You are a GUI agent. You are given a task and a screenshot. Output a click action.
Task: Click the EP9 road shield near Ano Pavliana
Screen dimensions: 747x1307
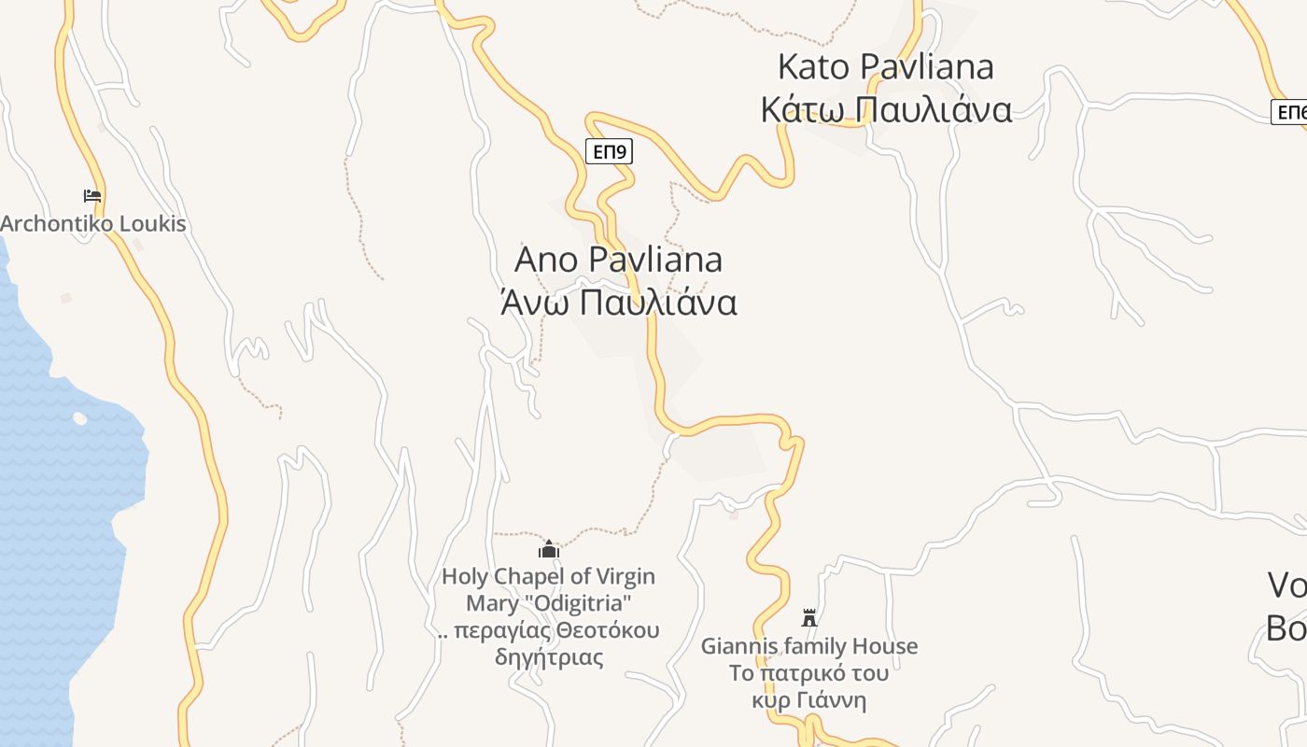pyautogui.click(x=609, y=151)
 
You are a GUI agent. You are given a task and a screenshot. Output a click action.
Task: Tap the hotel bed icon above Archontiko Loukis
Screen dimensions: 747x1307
pyautogui.click(x=91, y=196)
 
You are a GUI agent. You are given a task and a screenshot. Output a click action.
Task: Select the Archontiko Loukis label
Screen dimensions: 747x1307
pyautogui.click(x=93, y=224)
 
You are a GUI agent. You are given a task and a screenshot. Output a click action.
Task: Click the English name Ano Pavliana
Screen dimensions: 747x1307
pyautogui.click(x=618, y=260)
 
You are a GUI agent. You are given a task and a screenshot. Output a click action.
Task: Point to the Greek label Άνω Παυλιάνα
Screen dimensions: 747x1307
pyautogui.click(x=618, y=303)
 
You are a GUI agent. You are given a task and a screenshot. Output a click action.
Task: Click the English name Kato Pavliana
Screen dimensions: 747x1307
pyautogui.click(x=885, y=67)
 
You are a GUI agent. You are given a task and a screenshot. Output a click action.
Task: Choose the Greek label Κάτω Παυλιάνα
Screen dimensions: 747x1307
pyautogui.click(x=885, y=110)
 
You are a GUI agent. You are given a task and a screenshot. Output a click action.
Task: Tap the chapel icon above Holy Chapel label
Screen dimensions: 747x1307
pyautogui.click(x=548, y=549)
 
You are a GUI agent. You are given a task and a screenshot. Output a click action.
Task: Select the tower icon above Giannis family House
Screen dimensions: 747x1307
pyautogui.click(x=809, y=618)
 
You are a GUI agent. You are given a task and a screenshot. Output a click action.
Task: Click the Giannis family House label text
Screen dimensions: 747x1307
pyautogui.click(x=809, y=646)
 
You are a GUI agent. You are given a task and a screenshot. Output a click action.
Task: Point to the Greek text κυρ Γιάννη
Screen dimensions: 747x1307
pyautogui.click(x=809, y=700)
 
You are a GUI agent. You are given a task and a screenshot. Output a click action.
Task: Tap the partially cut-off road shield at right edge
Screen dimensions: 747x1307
pyautogui.click(x=1291, y=112)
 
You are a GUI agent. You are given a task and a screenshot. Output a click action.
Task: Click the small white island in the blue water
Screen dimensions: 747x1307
pyautogui.click(x=79, y=418)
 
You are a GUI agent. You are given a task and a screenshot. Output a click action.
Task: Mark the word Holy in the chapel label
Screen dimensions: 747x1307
pyautogui.click(x=464, y=577)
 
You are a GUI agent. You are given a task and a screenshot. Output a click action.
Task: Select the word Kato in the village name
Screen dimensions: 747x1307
pyautogui.click(x=813, y=67)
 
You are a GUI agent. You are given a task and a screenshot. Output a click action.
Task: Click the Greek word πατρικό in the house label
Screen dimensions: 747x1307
pyautogui.click(x=804, y=672)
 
